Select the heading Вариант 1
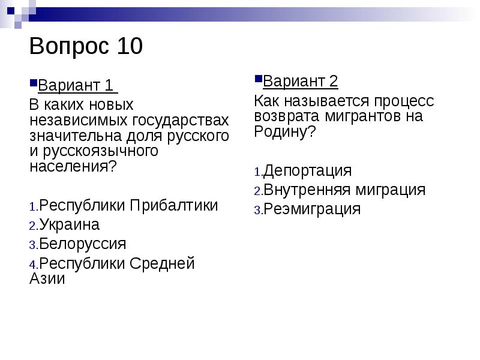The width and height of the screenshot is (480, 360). click(x=76, y=86)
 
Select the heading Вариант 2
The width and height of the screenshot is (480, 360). click(x=301, y=81)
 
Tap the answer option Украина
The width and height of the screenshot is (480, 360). click(x=70, y=225)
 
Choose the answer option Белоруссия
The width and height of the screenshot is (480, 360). click(x=83, y=244)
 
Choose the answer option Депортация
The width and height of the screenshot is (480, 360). click(x=307, y=170)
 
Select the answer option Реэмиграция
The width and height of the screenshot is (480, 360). click(x=312, y=209)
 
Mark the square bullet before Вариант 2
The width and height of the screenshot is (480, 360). click(x=258, y=79)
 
